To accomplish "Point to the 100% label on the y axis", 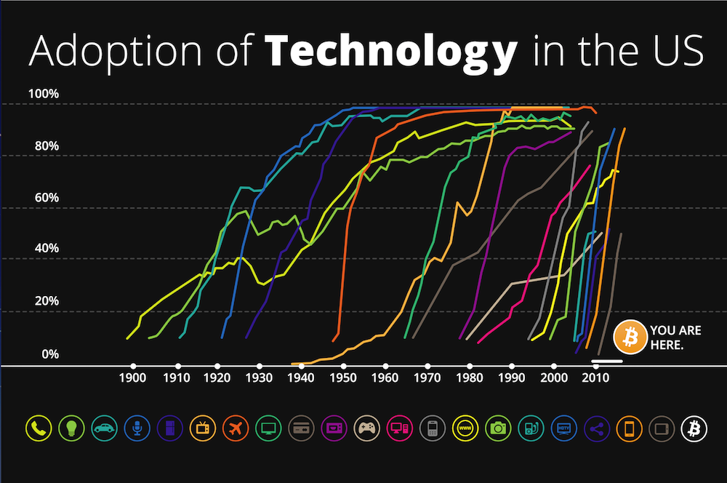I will (43, 94).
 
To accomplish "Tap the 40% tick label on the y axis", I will (45, 249).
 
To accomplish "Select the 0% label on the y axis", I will (48, 354).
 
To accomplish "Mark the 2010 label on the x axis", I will (597, 379).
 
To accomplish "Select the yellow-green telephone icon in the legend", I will (37, 428).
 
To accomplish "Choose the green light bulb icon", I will (70, 428).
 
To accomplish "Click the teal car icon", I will (103, 428).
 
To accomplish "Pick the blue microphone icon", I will (135, 428).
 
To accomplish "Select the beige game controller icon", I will (366, 428).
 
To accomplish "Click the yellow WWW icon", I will (465, 428).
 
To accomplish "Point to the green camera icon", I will (498, 428).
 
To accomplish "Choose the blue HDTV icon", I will (563, 428).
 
